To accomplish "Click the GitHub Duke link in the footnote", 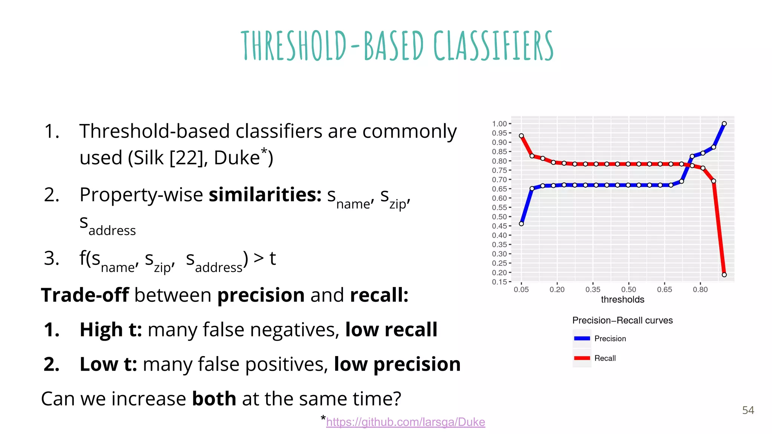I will point(405,422).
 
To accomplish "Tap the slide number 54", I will point(748,410).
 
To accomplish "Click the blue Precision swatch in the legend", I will point(582,338).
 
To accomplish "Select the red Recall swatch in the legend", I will point(582,358).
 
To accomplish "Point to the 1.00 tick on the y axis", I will point(499,124).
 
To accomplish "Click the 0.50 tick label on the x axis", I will point(628,290).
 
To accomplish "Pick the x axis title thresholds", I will point(622,300).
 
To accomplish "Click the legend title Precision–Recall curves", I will point(622,320).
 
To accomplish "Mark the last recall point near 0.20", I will point(724,275).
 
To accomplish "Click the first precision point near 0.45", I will point(521,224).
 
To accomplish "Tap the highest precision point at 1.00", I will point(724,124).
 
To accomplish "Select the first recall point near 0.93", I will point(521,136).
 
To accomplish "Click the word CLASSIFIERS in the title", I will point(493,46).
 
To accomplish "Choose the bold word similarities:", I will point(265,195).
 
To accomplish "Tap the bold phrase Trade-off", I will point(85,295).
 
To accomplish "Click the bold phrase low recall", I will point(391,330).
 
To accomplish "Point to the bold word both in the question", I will point(214,399).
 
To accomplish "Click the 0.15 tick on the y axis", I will point(499,282).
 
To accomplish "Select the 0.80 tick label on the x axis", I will point(700,290).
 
